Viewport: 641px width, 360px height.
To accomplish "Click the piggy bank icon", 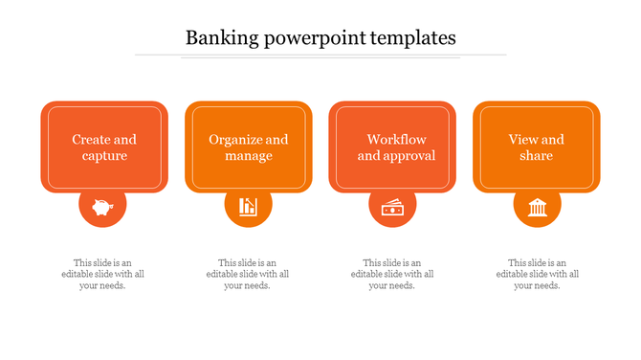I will (x=103, y=206).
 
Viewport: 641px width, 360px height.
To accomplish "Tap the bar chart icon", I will (x=249, y=206).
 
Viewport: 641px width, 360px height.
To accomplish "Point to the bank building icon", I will (x=537, y=206).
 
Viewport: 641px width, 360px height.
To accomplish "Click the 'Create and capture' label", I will (x=104, y=147).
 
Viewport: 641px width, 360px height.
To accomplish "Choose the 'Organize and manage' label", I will (x=249, y=147).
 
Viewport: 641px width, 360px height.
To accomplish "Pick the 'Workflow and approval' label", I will (x=396, y=147).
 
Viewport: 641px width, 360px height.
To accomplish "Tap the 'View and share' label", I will (x=537, y=147).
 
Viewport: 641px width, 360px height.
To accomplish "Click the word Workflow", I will (x=396, y=140).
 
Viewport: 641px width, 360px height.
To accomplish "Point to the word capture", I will (x=104, y=156).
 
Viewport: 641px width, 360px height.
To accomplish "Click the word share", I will (x=537, y=156).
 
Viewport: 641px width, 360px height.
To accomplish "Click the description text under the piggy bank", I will (x=103, y=274).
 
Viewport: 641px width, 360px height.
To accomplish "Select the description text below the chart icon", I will (x=248, y=274).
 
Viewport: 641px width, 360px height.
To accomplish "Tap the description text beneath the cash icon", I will (x=392, y=274).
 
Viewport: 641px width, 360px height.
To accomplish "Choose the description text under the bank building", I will (x=537, y=274).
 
